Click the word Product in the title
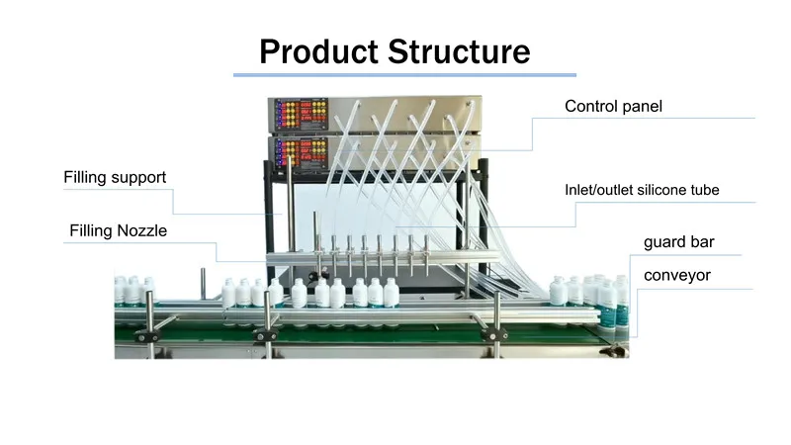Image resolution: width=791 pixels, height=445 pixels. point(318,51)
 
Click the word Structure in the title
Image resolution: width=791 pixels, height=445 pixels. point(459,51)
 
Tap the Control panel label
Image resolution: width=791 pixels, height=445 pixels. point(613,106)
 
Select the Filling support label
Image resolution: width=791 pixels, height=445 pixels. point(115,178)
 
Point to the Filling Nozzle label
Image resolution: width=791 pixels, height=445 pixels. point(118,230)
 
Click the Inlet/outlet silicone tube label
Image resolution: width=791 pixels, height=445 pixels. point(642,190)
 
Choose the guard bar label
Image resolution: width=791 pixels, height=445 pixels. point(679,242)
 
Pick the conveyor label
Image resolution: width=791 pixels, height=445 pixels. point(677,276)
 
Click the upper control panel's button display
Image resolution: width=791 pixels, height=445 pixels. point(302,114)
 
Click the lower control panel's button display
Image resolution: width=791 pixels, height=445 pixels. point(302,153)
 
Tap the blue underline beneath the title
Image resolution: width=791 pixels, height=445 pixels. point(404,75)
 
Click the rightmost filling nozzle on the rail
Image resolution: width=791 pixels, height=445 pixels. point(426,255)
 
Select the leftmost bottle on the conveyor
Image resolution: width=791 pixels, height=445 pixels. point(120,291)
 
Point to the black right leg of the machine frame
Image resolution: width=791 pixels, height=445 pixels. point(483,217)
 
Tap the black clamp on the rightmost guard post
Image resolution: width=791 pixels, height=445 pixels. point(493,334)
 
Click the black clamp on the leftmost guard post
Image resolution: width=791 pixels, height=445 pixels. point(147,335)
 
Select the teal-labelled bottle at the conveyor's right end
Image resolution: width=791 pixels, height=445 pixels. point(608,305)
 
